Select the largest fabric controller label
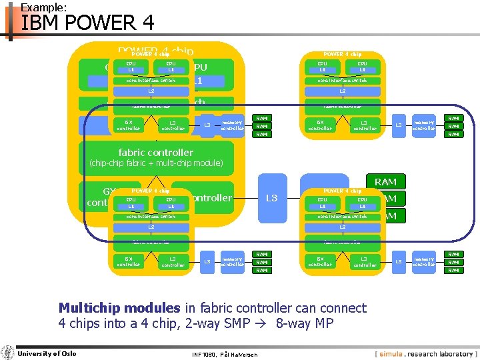click(x=155, y=152)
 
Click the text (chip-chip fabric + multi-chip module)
click(x=156, y=163)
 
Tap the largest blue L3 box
click(x=271, y=198)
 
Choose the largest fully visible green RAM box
click(x=385, y=182)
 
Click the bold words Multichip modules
click(x=119, y=308)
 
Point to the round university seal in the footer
click(x=7, y=353)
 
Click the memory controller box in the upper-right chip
click(x=423, y=125)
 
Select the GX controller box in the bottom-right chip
click(x=319, y=261)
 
